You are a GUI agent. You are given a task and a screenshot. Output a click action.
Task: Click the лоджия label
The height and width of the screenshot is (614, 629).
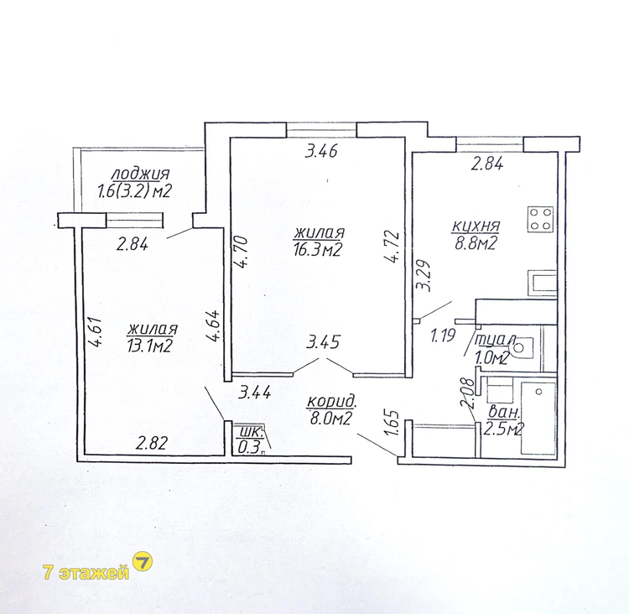pos(140,174)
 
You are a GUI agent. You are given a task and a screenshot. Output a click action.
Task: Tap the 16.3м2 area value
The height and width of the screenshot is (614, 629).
pos(317,250)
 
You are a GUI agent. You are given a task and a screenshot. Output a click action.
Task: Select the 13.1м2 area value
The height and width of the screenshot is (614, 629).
pos(150,346)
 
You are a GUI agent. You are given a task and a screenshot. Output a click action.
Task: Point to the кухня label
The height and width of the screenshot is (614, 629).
pos(476,226)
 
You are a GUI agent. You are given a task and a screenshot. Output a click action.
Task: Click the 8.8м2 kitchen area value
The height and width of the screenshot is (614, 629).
pos(476,243)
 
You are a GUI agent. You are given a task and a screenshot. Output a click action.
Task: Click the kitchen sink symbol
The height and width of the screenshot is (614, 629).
pos(542,284)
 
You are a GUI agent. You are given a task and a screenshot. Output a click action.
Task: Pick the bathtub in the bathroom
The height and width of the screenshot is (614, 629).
pos(538,419)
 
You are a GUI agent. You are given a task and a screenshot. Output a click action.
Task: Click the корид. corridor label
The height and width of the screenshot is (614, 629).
pos(331,401)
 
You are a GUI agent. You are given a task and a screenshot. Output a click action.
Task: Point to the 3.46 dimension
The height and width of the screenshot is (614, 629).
pos(321,152)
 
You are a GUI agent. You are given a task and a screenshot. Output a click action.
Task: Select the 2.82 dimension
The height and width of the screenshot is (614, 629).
pos(151,444)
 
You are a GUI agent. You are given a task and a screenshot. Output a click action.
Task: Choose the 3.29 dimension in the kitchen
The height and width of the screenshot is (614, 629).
pos(424,276)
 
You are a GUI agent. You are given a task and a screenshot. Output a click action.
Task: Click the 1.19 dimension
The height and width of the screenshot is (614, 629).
pos(444,335)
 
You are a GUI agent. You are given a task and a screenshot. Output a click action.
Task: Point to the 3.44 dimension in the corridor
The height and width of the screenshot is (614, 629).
pos(255,392)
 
